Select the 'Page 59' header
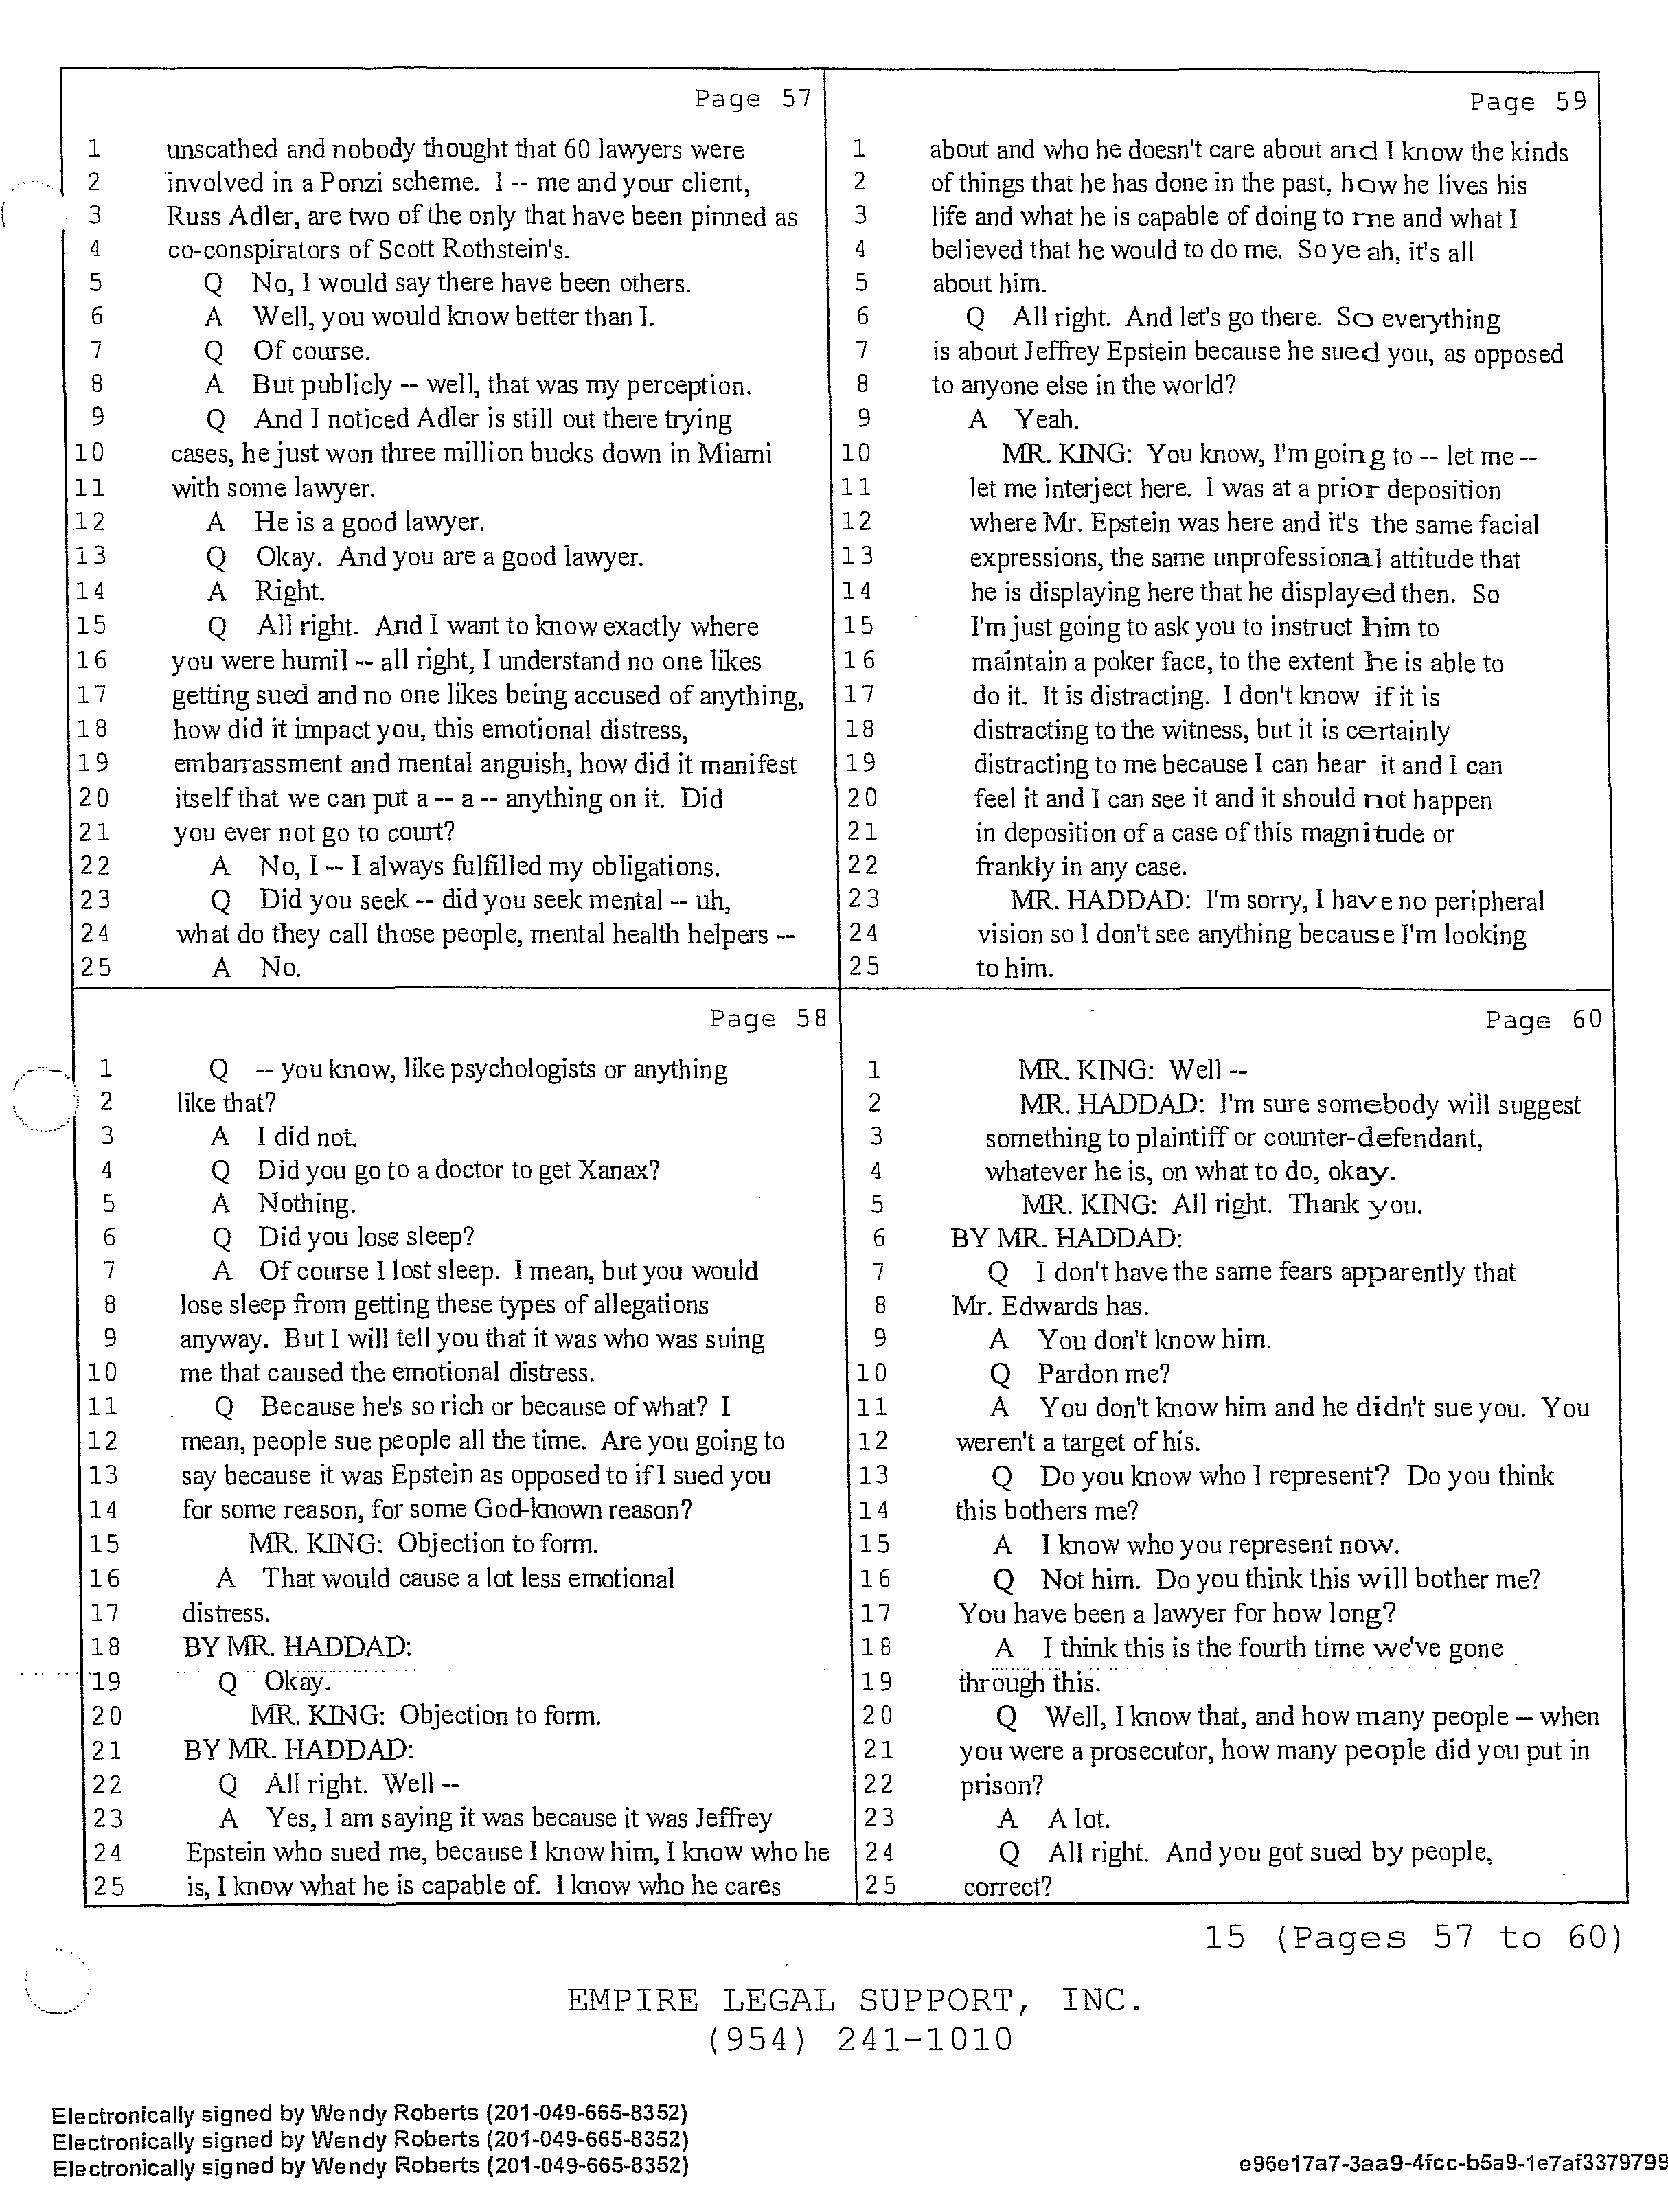[1527, 102]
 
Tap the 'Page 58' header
[767, 1018]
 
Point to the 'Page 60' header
[1543, 1020]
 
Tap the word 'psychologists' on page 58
[523, 1069]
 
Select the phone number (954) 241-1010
[860, 2039]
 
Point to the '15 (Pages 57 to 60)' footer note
[1412, 1937]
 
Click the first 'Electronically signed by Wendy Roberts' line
[369, 2113]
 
